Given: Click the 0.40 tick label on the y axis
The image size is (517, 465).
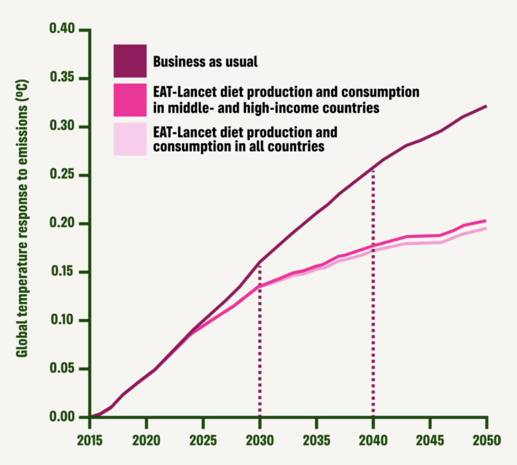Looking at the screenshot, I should (x=63, y=30).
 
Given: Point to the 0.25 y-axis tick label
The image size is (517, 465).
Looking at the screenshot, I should (x=63, y=175).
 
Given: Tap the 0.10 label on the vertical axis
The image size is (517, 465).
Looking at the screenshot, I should (x=63, y=320).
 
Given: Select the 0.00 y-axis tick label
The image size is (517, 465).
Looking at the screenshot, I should (x=63, y=417).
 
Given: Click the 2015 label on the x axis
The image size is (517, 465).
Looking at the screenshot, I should (x=90, y=440).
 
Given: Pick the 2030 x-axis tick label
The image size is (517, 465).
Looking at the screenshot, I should (x=260, y=440).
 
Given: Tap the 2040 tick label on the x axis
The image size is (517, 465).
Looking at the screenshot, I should (x=373, y=440).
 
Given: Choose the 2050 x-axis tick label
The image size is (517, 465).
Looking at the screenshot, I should (x=486, y=440).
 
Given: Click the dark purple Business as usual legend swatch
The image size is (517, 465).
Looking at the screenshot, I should (x=130, y=61).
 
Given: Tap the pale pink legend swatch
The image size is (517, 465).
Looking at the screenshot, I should (x=130, y=139).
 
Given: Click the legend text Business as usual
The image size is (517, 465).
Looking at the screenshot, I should (x=205, y=62).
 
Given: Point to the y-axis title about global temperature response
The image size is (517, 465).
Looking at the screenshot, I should (x=22, y=217).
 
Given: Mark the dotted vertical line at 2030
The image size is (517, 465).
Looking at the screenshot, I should (x=260, y=344).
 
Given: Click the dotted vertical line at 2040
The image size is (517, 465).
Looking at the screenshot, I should (x=373, y=303).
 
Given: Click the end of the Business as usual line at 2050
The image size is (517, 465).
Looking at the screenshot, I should (x=486, y=106).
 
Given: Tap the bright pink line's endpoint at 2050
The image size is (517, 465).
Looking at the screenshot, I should (x=486, y=220).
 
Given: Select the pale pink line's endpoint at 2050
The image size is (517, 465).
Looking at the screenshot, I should (x=486, y=228).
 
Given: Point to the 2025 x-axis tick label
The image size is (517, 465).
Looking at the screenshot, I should (x=203, y=440).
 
